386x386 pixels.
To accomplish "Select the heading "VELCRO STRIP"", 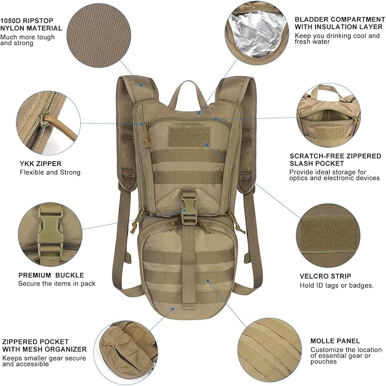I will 325,276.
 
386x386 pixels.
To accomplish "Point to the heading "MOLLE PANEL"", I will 335,341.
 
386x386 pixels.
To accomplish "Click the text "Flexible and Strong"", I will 50,172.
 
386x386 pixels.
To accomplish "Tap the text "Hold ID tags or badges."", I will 337,285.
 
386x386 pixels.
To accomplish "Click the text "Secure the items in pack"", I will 57,283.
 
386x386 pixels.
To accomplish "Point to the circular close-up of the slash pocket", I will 327,116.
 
